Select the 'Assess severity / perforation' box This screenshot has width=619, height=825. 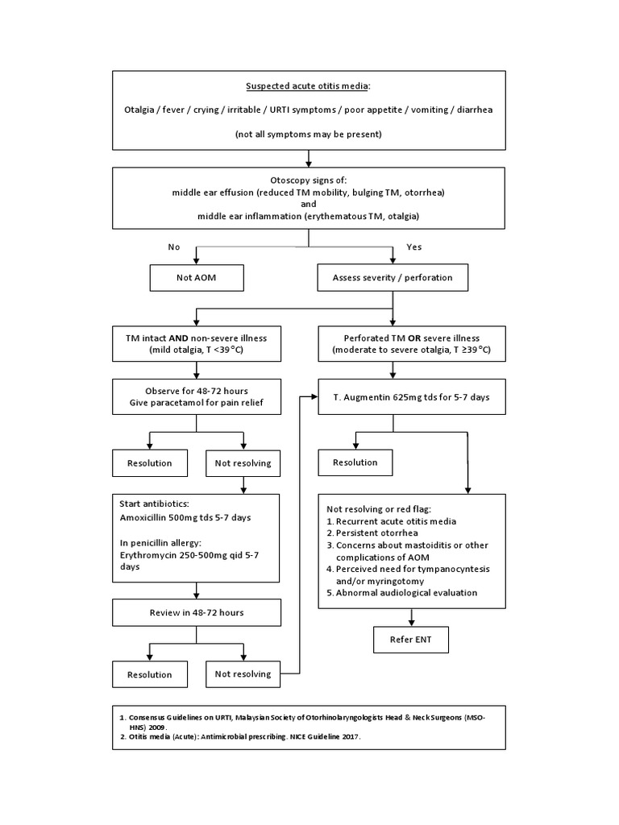coord(393,277)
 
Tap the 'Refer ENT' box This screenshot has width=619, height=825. coord(412,640)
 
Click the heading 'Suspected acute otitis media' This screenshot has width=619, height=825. coord(309,86)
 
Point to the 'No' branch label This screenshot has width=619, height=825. coord(173,247)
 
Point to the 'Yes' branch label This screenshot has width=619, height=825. coord(414,247)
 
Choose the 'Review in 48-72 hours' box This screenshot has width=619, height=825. coord(197,612)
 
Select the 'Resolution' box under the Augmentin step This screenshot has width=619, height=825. coord(355,462)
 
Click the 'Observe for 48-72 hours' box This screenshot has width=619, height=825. coord(197,397)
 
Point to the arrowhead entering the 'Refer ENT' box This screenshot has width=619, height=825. coord(412,623)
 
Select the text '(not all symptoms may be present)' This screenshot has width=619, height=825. coord(309,133)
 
